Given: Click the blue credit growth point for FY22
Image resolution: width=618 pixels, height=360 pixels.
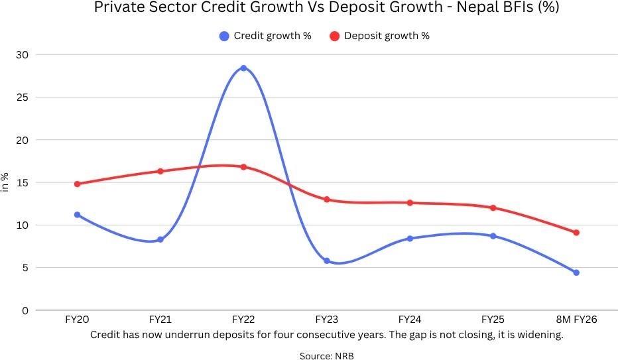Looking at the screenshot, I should [243, 68].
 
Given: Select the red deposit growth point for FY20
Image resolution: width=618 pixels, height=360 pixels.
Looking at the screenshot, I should [78, 184].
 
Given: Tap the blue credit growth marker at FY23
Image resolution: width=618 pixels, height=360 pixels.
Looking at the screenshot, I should [326, 261].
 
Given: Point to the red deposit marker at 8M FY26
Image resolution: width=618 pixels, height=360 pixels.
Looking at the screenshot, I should [576, 233].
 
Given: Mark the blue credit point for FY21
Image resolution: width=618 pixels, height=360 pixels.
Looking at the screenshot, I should [160, 239].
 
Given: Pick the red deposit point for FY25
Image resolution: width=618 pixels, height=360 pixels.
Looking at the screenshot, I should [493, 208].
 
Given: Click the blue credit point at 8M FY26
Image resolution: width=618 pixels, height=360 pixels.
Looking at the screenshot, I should [576, 272].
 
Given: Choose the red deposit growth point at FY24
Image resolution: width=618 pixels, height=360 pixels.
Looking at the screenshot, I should [410, 203].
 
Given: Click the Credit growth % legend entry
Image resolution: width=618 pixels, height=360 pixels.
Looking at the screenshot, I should [265, 36].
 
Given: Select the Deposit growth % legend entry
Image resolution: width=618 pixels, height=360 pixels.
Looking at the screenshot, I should [379, 36].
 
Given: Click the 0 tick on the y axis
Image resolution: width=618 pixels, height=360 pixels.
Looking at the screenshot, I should [25, 310].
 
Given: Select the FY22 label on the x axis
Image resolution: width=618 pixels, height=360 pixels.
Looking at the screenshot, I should [243, 320].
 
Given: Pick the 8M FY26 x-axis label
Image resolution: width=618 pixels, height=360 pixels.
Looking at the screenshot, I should [576, 320].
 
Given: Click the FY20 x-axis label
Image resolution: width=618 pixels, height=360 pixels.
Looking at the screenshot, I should [78, 320].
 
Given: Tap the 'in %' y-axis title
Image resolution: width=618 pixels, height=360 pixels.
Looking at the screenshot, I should [5, 182].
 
